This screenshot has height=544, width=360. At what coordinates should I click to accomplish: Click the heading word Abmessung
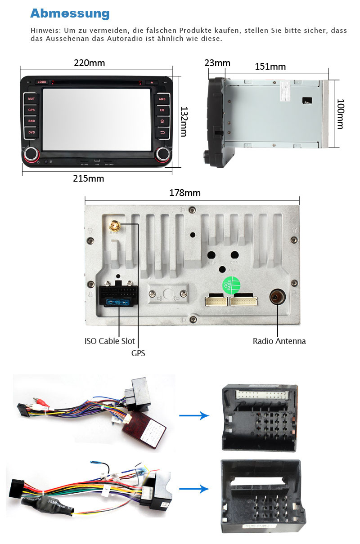[x=70, y=13]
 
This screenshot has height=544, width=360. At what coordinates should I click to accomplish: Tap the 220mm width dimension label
[x=90, y=63]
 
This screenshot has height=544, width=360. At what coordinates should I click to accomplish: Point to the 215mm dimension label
[x=89, y=178]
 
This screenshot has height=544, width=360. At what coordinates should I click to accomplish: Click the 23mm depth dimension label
[x=217, y=63]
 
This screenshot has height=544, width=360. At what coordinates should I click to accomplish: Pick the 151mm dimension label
[x=270, y=67]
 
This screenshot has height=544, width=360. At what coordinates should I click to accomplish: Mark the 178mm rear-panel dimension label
[x=185, y=193]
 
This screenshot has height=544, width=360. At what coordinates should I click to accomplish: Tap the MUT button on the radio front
[x=31, y=98]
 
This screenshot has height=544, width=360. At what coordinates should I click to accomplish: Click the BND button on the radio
[x=31, y=121]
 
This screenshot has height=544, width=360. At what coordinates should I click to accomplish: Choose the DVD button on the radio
[x=31, y=133]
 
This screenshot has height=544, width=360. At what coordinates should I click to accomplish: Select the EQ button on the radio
[x=162, y=110]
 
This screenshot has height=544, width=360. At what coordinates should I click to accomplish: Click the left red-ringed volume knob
[x=31, y=154]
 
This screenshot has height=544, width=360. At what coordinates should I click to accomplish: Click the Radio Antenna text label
[x=279, y=341]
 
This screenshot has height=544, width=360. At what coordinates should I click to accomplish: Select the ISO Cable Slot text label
[x=109, y=341]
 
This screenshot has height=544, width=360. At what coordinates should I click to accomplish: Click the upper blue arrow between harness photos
[x=194, y=415]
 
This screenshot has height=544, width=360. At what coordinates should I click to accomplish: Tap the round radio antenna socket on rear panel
[x=276, y=297]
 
